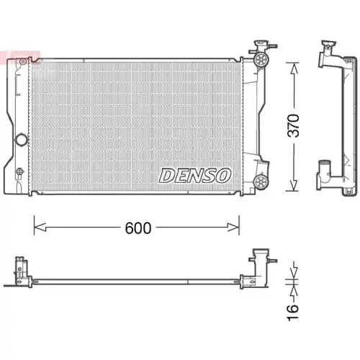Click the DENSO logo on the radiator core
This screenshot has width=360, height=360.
click(x=194, y=174)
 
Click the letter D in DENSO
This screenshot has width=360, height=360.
click(x=165, y=174)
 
